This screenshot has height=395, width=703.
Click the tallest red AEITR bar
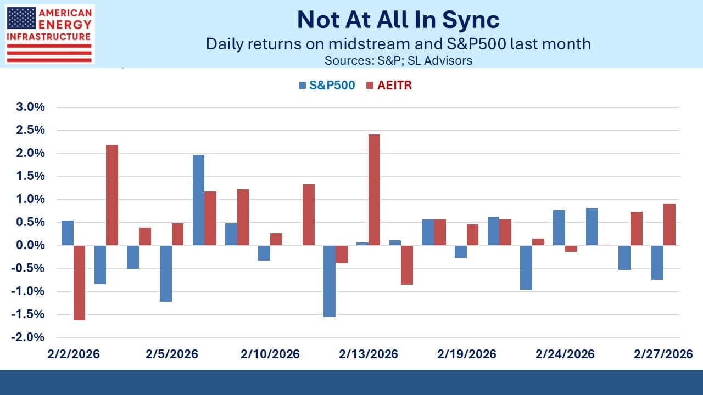point(374,190)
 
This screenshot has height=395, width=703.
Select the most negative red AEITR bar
point(79,283)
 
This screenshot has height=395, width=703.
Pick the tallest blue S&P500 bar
point(198,200)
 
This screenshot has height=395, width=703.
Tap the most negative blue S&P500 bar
point(329,281)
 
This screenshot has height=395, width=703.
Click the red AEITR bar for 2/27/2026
point(669,224)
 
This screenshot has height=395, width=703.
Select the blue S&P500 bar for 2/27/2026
point(657,262)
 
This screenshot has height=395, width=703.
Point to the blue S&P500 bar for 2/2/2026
point(68,233)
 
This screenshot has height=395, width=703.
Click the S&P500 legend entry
point(327,85)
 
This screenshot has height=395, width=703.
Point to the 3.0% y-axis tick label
point(30,107)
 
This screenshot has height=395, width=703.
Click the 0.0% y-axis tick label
point(30,245)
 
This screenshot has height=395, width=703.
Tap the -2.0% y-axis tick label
point(29,337)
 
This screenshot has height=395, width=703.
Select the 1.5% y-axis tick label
point(30,176)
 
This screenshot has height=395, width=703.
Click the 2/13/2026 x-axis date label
point(368,354)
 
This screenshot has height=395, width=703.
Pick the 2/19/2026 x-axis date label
point(466,354)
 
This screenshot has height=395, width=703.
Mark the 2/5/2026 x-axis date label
point(172,354)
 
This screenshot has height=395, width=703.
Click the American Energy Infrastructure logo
point(49,34)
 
